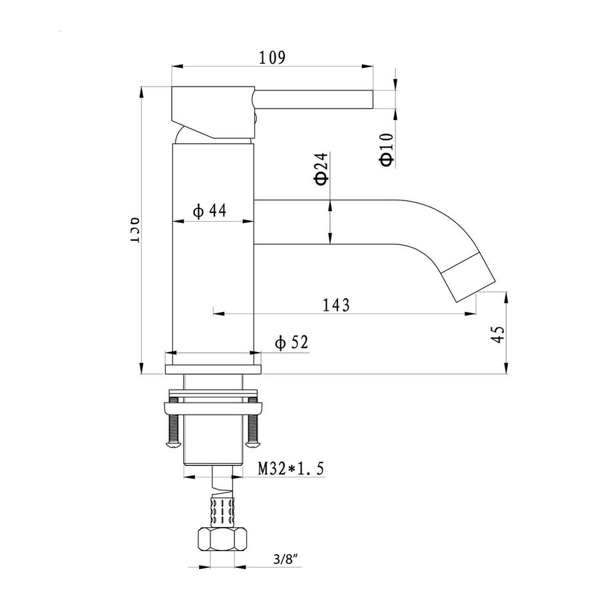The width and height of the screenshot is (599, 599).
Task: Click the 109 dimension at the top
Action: (272, 57)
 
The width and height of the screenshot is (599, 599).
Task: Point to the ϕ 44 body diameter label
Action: (210, 211)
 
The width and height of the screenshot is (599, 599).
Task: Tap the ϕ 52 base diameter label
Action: (291, 343)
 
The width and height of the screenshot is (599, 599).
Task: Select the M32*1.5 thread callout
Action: (291, 469)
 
